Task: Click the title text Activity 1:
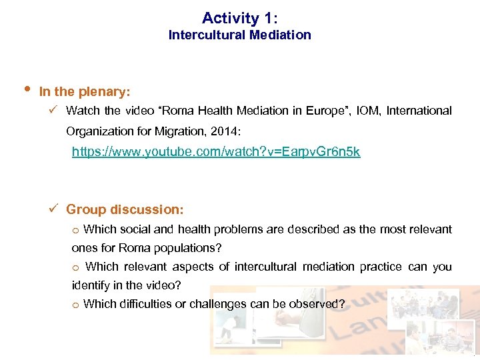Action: coord(239,18)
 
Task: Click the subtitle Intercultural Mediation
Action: coord(239,35)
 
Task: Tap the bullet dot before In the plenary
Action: coord(25,89)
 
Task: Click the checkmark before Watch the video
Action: coord(56,110)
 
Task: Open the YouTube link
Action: coord(216,152)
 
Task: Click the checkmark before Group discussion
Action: coord(56,209)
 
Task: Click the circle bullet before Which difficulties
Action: coord(76,305)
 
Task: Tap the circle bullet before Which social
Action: coord(76,230)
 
